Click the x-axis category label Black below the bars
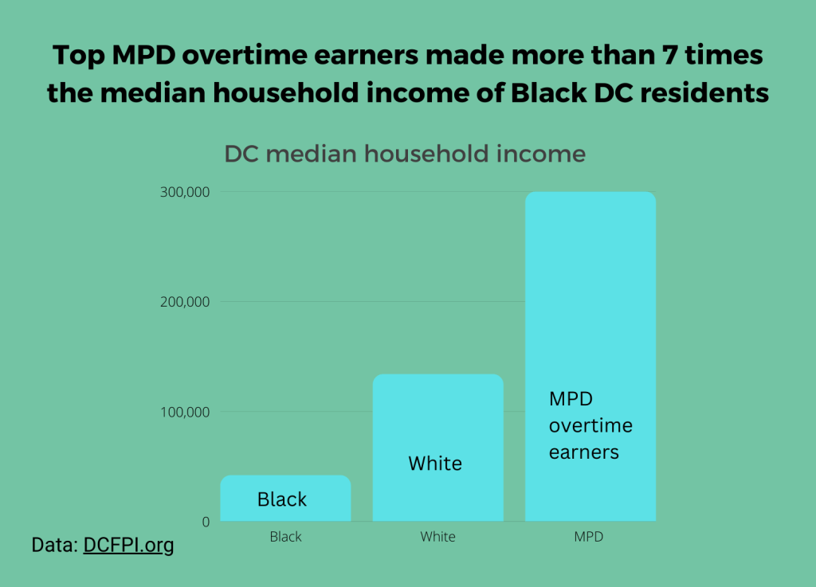point(285,537)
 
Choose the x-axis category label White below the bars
point(437,537)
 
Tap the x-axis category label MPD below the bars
point(589,537)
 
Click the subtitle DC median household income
point(405,154)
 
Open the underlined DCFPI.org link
point(128,546)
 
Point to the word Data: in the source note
point(55,546)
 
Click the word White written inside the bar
point(435,463)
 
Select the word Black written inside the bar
point(282,499)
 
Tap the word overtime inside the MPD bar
point(590,425)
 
